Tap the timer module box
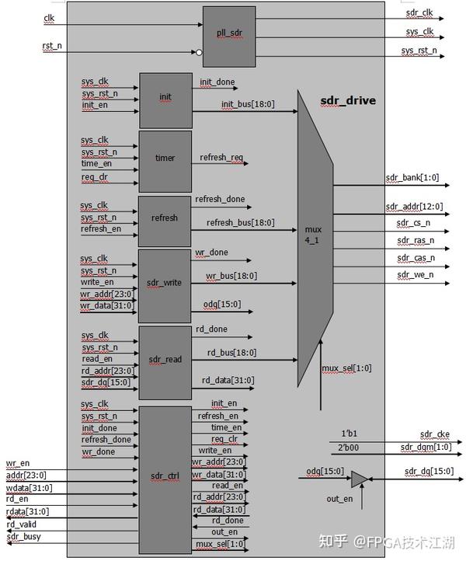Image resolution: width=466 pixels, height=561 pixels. click(x=165, y=159)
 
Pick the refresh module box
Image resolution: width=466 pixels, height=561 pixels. click(x=165, y=218)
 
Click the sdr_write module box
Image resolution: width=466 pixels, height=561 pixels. click(x=165, y=283)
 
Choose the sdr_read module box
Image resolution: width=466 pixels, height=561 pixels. click(x=165, y=360)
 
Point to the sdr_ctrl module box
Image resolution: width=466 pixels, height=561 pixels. click(x=165, y=473)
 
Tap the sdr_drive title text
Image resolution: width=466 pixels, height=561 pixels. click(x=348, y=101)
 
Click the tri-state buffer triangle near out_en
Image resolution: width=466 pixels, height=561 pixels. click(x=360, y=479)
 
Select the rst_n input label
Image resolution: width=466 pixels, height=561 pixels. click(x=51, y=47)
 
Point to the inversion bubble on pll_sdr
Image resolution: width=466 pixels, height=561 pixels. click(x=199, y=53)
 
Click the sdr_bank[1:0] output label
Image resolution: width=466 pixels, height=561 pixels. click(x=412, y=178)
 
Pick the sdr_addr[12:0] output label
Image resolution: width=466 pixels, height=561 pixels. click(x=415, y=207)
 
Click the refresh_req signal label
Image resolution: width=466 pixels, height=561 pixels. click(x=221, y=158)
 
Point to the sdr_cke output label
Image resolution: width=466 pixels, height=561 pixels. click(x=434, y=434)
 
